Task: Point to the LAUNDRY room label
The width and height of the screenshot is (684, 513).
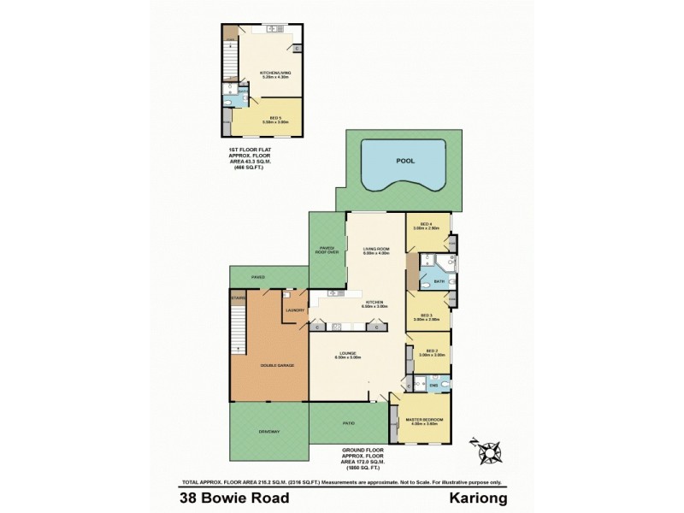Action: [295, 310]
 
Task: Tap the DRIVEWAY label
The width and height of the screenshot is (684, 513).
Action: [269, 432]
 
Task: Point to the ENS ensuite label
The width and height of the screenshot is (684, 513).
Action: [433, 386]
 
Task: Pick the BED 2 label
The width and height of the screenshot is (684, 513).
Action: [428, 351]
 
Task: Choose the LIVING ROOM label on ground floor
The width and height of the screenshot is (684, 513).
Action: [376, 250]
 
